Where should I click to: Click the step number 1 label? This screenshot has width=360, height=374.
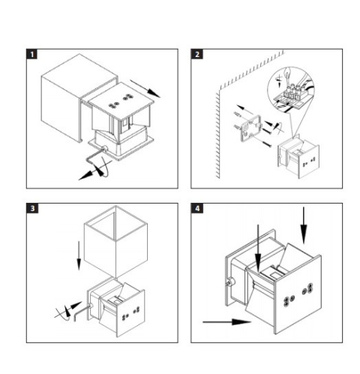(31, 54)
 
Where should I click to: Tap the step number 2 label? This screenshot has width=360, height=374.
(196, 54)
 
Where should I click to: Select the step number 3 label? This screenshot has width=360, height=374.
(32, 208)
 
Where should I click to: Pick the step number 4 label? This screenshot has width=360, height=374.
(197, 208)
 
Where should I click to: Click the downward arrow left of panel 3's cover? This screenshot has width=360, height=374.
(79, 255)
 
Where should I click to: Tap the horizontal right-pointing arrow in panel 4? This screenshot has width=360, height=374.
(226, 322)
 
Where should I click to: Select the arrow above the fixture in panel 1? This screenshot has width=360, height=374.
(145, 89)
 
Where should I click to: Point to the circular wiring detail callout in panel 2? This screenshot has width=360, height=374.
(290, 89)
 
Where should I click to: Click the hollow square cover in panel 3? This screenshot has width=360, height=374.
(115, 241)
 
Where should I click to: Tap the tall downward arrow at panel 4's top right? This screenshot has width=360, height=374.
(304, 225)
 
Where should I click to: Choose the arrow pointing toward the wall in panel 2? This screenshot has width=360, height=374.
(245, 110)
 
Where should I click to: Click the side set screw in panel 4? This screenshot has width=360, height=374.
(229, 282)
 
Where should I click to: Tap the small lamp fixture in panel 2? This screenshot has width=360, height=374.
(298, 157)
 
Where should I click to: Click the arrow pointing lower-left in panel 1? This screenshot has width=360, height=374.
(91, 172)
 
